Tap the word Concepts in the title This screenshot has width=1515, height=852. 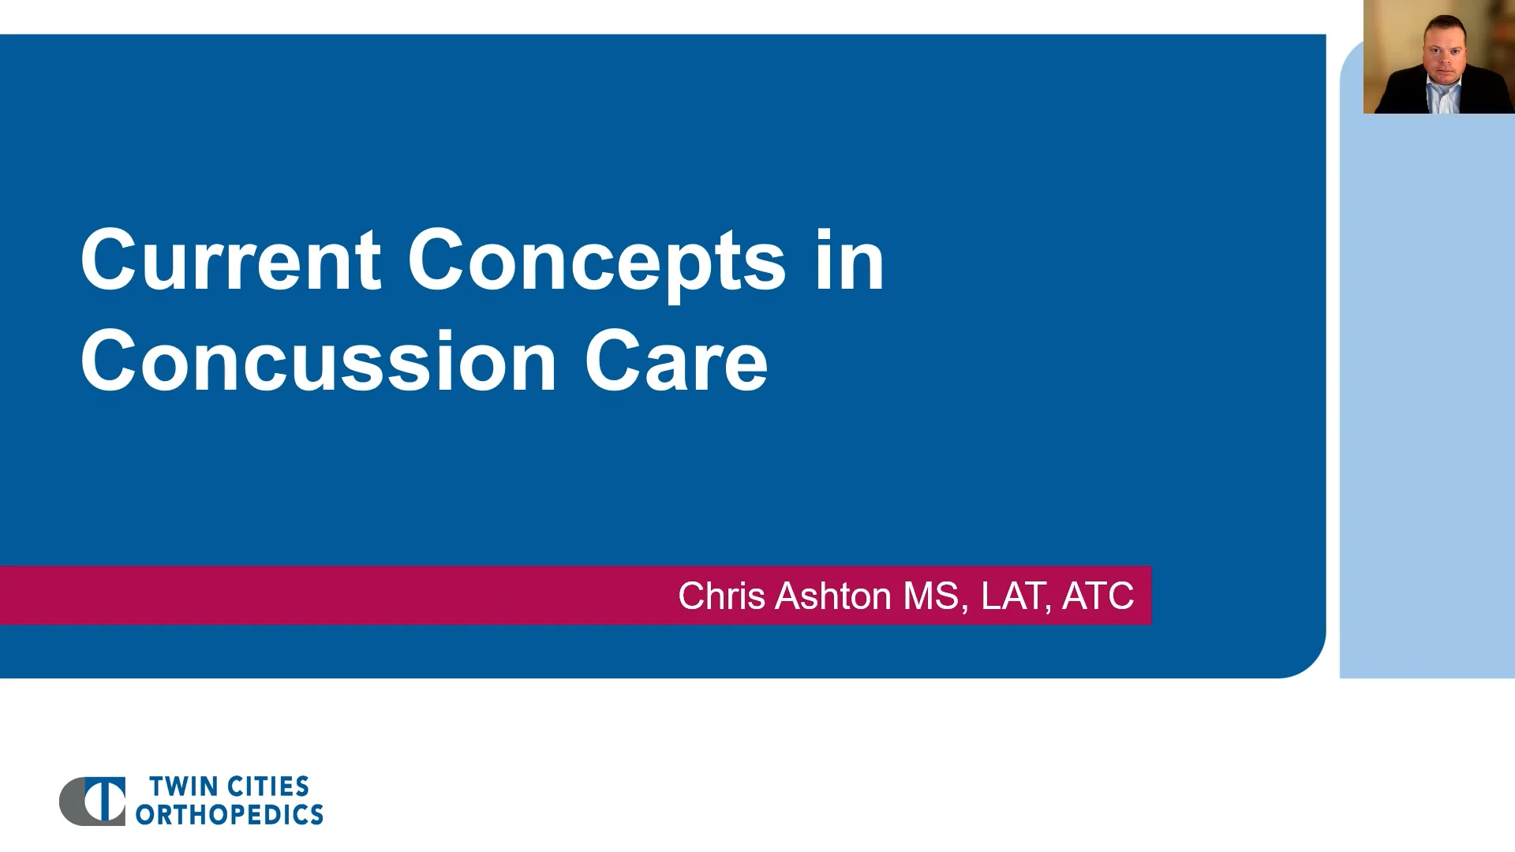596,262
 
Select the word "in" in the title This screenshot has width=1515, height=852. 849,260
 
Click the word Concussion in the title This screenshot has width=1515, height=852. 319,362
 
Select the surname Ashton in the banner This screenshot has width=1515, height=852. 833,596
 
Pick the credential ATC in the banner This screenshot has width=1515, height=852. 1098,596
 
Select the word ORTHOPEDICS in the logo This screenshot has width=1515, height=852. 229,815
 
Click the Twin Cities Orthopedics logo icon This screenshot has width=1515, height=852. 93,801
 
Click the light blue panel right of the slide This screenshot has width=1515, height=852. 1427,394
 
